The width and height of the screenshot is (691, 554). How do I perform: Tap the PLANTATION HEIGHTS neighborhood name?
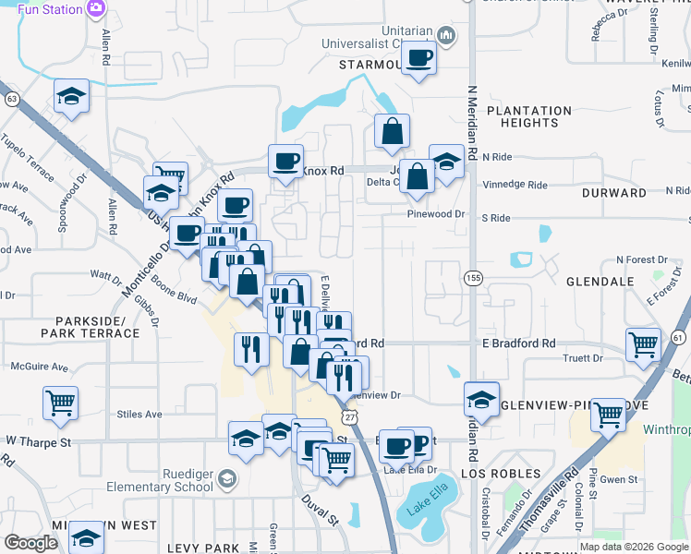[x=529, y=116]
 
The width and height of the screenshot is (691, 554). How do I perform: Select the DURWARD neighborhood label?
[x=614, y=193]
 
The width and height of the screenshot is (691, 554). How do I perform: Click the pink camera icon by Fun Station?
[x=97, y=8]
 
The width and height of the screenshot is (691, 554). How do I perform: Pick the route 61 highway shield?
[x=681, y=337]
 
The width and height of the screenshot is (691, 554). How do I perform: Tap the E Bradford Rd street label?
[x=518, y=343]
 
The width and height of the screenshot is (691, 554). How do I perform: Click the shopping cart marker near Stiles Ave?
[x=60, y=402]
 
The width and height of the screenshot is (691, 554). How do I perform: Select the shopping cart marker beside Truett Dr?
[x=643, y=344]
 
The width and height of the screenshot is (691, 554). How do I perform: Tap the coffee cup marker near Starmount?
[x=419, y=57]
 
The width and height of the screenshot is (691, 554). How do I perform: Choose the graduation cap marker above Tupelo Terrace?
[x=71, y=97]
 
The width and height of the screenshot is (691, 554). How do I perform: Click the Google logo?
[x=30, y=544]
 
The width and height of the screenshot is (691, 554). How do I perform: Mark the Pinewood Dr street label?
[x=436, y=213]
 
